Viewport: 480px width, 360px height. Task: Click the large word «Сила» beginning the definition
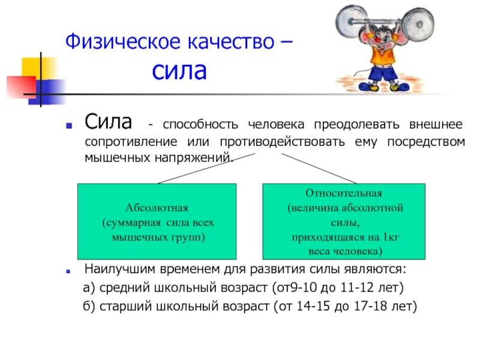[108, 122]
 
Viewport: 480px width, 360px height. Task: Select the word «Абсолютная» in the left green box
[157, 208]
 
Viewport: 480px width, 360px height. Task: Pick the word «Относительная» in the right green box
[344, 193]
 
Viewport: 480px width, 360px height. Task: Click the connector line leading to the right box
[318, 168]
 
